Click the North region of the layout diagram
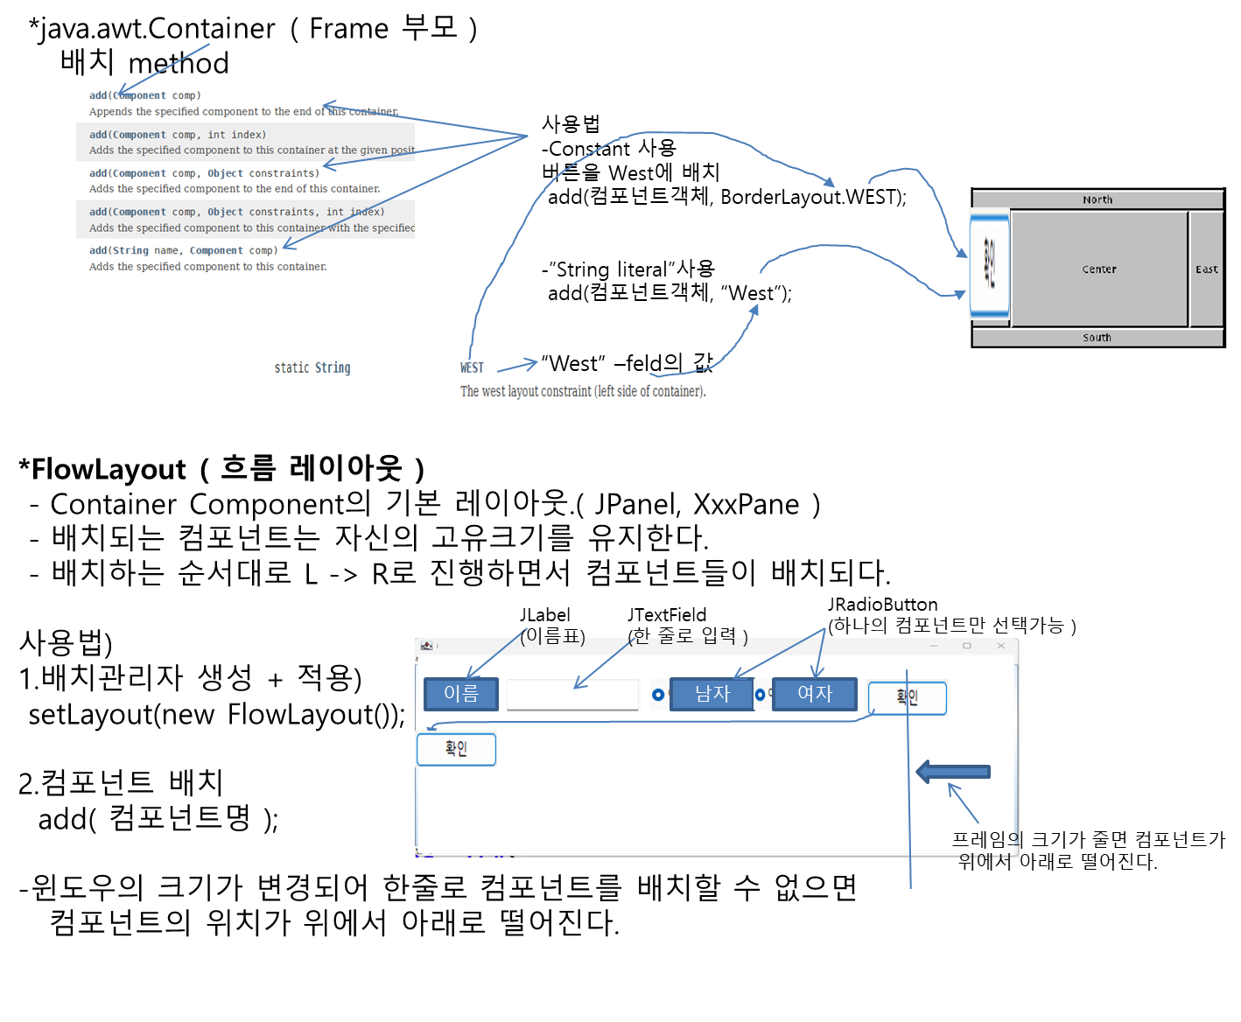[1097, 199]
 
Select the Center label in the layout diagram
[1099, 269]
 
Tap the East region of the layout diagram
[1207, 269]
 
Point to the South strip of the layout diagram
[1097, 338]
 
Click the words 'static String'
[312, 367]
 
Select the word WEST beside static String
[472, 367]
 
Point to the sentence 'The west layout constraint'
[583, 391]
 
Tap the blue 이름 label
[461, 694]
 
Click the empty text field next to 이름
[573, 695]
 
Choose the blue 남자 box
[712, 694]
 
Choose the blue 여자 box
[814, 694]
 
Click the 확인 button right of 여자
[907, 698]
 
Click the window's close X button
[1001, 646]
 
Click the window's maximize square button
[967, 646]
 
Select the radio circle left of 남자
[658, 695]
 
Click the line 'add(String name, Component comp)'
[184, 250]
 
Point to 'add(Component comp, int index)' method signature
[178, 135]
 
